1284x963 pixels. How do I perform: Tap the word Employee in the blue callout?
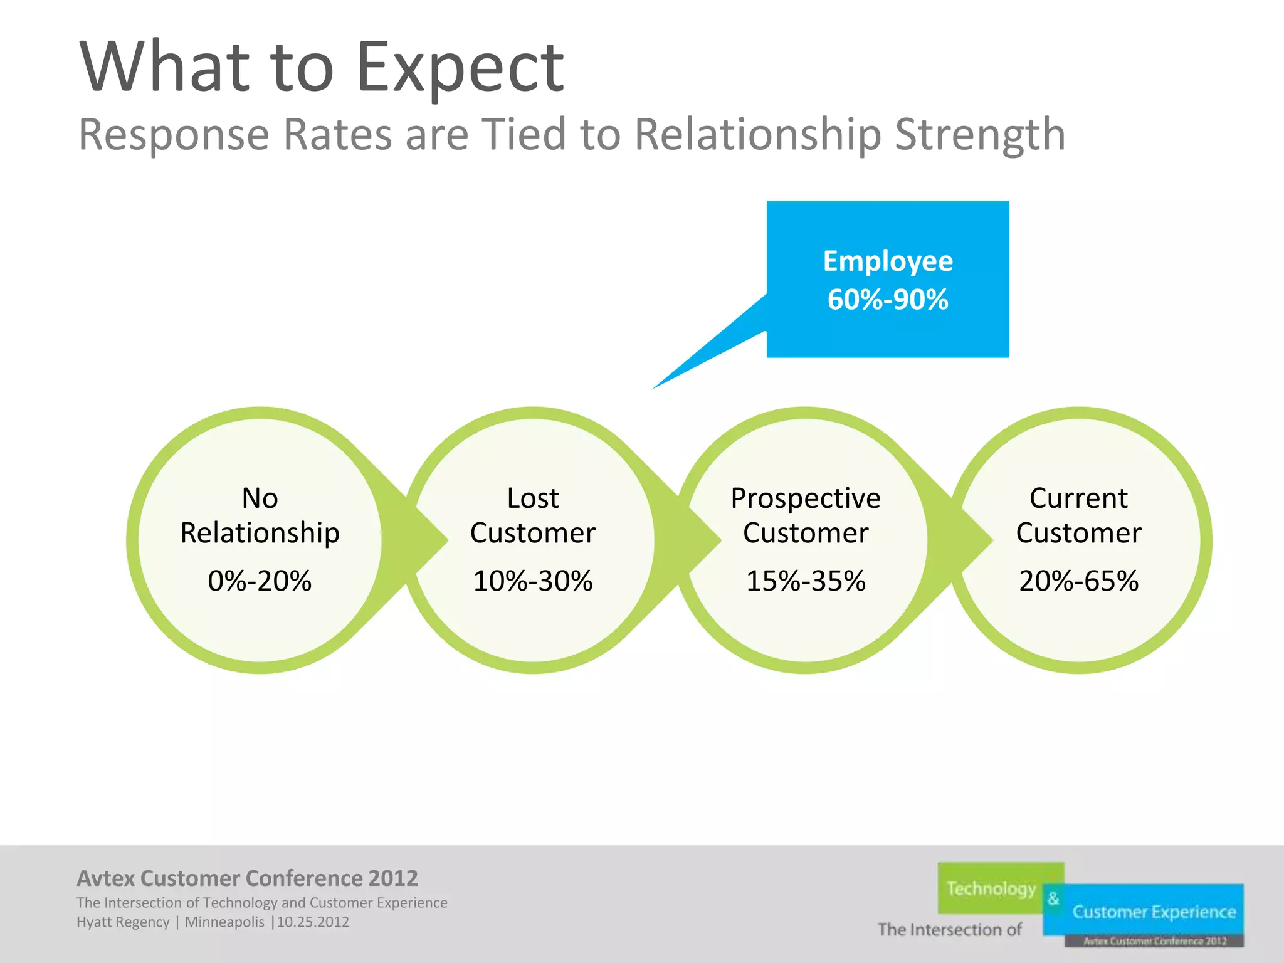888,261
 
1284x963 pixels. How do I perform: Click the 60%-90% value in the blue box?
888,299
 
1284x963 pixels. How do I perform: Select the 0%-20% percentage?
260,581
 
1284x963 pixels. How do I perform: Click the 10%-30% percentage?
532,581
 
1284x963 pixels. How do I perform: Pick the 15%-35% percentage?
806,581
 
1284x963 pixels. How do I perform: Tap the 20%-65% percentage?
1078,581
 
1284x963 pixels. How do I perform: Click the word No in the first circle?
260,498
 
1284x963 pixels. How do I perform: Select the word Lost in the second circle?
532,498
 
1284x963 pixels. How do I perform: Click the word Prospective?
806,498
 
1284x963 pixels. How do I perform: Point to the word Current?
1078,498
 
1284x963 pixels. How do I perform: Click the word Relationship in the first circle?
260,533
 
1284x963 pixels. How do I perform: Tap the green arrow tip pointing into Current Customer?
991,540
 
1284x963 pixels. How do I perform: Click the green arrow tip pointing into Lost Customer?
446,540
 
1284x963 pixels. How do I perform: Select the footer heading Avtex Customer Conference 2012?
247,878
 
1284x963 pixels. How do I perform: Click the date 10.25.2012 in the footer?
313,922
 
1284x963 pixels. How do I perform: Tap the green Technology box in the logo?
991,888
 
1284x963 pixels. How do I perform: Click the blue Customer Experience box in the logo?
1154,911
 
